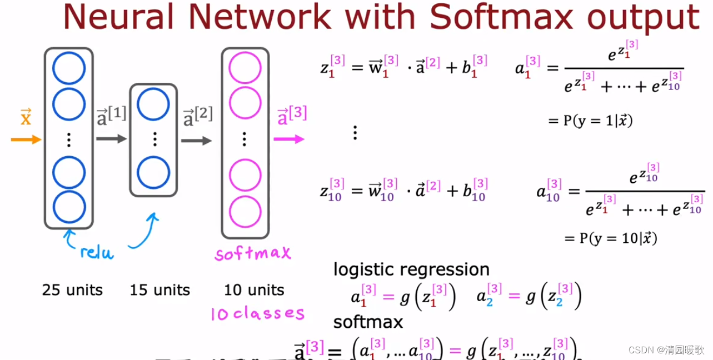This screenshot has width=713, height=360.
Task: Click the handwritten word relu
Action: pos(97,253)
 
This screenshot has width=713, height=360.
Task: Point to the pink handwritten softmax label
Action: pos(252,254)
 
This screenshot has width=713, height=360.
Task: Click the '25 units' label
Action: pos(72,290)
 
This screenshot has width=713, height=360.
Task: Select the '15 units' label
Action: pos(160,290)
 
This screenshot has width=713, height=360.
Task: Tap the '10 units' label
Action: pos(254,290)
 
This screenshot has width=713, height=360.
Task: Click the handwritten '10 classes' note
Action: pos(257,314)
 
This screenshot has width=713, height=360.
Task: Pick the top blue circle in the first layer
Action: pos(69,68)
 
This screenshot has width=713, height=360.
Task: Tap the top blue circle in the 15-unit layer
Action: pos(153,104)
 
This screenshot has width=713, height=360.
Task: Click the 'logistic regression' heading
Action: pos(411,269)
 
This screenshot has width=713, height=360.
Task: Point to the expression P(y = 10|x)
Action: pos(611,238)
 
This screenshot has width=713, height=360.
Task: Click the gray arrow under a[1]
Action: pos(112,139)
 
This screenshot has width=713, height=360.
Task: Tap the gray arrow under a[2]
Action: pos(197,141)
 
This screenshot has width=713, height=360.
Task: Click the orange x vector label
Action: pos(26,118)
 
